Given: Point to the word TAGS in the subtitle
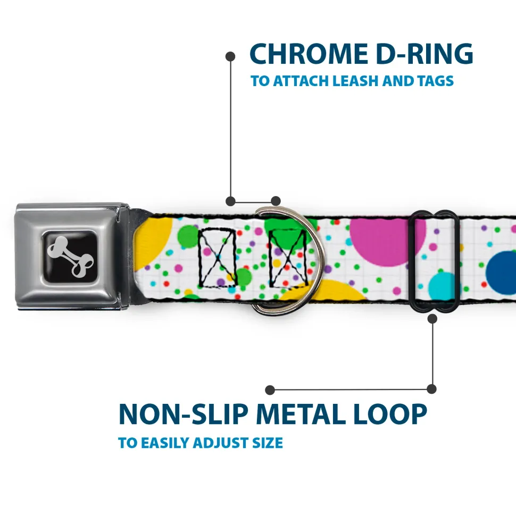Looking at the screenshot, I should [435, 81].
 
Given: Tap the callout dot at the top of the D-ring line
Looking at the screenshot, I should [230, 56].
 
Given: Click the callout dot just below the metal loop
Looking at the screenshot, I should [432, 318].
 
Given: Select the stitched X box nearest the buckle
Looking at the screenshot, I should [218, 257].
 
